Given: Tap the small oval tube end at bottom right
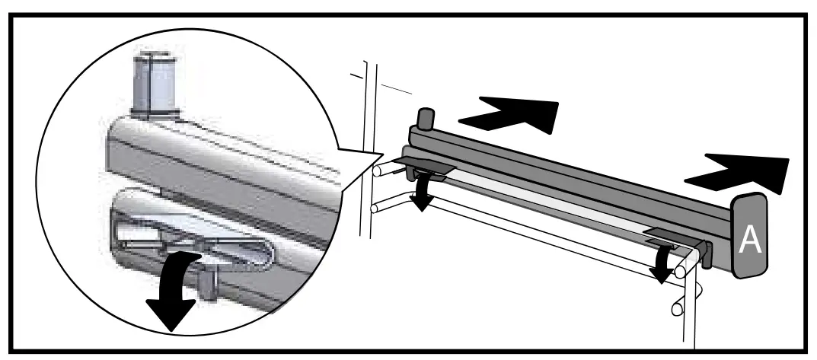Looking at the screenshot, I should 677,309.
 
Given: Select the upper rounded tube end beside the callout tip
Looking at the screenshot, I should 377,169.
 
